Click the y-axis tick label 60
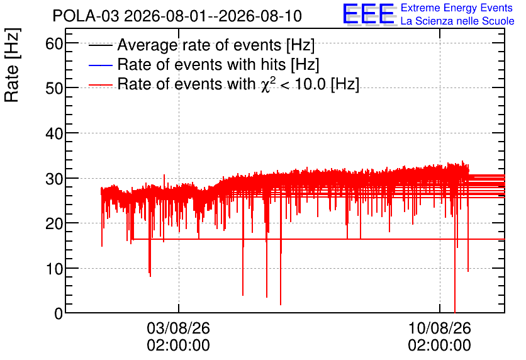click(x=54, y=43)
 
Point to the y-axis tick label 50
click(x=54, y=89)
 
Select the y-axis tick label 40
click(x=54, y=134)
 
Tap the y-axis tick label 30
click(x=54, y=179)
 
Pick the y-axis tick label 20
click(x=54, y=224)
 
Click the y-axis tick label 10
click(x=54, y=269)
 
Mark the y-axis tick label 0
click(x=59, y=313)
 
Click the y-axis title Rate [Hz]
click(x=12, y=65)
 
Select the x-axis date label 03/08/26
click(x=179, y=328)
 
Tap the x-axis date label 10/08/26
click(x=439, y=328)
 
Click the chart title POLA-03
click(x=86, y=16)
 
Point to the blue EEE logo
click(x=369, y=14)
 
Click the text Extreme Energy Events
click(x=457, y=8)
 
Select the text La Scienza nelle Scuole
click(x=457, y=21)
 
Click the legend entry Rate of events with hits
click(x=218, y=64)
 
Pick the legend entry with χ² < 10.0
click(x=238, y=84)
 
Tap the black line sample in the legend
click(x=101, y=45)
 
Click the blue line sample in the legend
click(x=101, y=65)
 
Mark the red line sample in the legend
click(x=101, y=85)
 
